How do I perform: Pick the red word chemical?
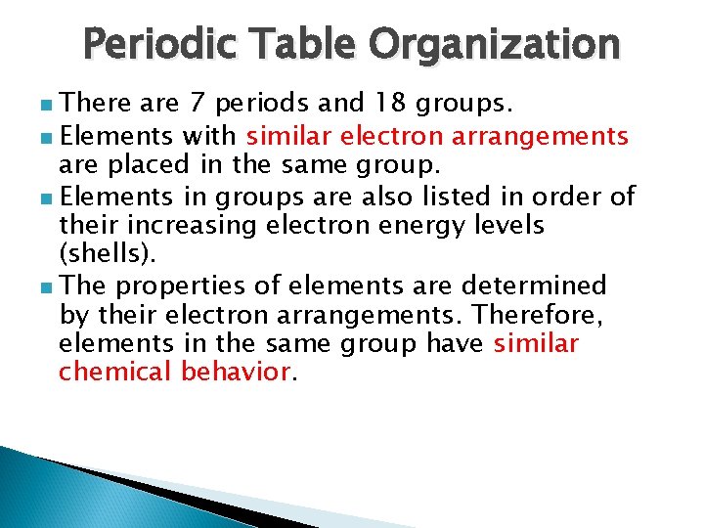click(115, 373)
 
